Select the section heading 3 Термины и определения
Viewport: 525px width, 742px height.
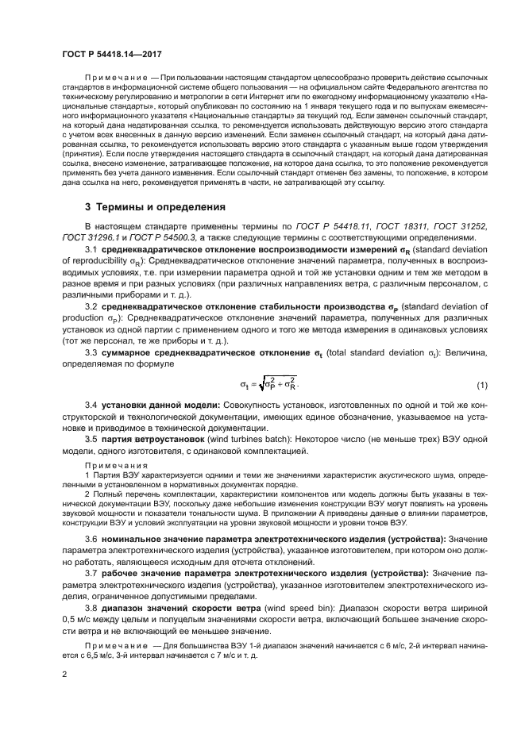[x=145, y=208]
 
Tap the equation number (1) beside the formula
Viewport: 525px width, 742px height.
[x=481, y=386]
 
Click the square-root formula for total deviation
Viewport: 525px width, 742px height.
[x=268, y=385]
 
